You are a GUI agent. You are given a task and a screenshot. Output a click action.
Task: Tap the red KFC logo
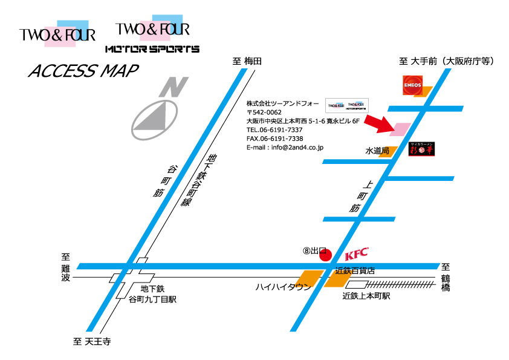(x=356, y=254)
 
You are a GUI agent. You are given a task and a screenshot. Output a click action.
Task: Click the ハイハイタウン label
(x=283, y=287)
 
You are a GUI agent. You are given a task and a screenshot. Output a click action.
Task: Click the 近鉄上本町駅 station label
(x=366, y=296)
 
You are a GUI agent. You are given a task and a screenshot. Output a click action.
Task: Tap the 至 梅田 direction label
(x=247, y=61)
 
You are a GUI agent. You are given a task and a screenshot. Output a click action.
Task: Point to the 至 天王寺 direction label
(x=91, y=342)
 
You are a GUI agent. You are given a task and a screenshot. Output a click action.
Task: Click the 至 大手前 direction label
(x=447, y=61)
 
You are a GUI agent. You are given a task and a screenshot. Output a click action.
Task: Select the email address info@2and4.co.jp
(x=285, y=147)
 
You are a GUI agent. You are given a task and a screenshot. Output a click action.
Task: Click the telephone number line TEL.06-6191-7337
(x=274, y=129)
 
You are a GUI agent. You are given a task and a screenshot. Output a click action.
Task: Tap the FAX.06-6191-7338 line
(x=274, y=139)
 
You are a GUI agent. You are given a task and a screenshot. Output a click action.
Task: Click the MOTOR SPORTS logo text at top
(x=152, y=48)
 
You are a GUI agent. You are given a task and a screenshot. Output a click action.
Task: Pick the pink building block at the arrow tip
(x=402, y=129)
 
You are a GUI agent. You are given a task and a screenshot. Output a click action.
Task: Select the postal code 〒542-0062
(x=264, y=113)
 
